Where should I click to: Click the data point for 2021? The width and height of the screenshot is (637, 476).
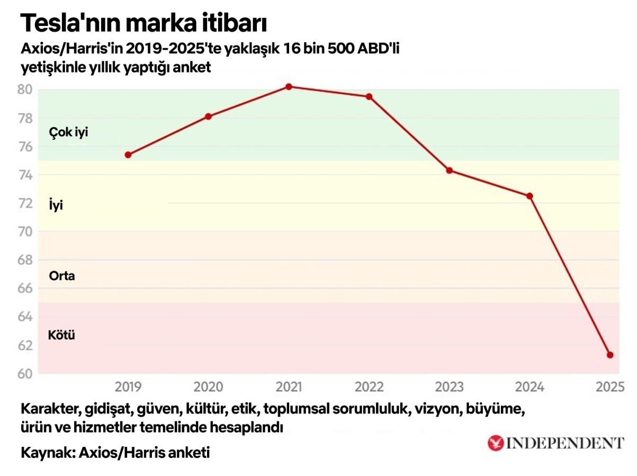(289, 86)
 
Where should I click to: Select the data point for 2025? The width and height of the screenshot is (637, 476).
(610, 355)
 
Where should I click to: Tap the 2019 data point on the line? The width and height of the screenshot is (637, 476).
(128, 155)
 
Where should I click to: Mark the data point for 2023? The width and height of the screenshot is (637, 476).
(450, 170)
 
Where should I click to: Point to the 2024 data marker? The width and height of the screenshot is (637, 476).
(530, 196)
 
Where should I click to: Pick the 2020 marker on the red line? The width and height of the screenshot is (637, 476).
(208, 116)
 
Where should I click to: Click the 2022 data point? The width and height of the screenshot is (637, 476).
(369, 96)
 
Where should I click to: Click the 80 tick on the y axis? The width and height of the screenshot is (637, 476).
(25, 89)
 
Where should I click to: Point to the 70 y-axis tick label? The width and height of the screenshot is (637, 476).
(25, 231)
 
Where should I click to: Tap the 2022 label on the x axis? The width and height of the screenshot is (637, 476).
(369, 387)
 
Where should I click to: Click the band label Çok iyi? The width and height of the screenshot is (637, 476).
(68, 132)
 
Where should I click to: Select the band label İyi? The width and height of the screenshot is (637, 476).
(56, 205)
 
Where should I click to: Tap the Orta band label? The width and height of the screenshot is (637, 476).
(62, 276)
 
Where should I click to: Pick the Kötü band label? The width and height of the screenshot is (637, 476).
(61, 335)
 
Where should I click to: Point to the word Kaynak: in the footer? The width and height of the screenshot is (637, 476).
(46, 453)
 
